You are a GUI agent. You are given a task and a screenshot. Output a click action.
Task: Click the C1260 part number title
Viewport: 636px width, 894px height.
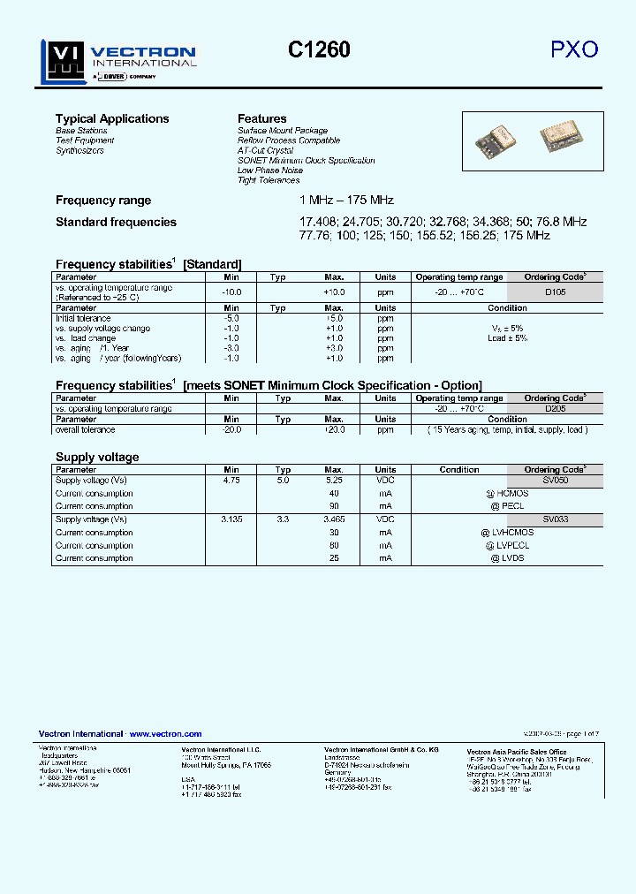point(319,50)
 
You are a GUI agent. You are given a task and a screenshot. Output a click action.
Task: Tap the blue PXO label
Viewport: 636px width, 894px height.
point(574,50)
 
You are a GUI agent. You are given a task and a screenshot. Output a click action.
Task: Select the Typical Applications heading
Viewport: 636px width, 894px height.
point(112,118)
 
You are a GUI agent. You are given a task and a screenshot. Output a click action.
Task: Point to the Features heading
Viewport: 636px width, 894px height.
point(262,118)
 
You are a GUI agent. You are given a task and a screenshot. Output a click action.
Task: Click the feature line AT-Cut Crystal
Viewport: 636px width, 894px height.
point(265,151)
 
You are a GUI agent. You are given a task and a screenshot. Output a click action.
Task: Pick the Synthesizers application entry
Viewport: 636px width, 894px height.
point(79,151)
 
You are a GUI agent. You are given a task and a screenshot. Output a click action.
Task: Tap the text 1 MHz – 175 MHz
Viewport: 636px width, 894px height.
point(346,201)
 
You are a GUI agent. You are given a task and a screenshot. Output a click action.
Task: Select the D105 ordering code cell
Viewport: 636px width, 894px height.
point(555,292)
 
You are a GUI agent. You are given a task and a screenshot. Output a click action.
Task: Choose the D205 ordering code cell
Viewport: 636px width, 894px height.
point(555,409)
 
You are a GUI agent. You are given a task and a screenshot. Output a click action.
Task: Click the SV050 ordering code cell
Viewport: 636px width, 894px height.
point(555,481)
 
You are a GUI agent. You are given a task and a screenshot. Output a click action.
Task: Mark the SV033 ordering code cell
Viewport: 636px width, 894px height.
point(555,520)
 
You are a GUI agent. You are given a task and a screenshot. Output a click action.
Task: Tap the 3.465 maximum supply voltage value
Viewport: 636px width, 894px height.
point(334,520)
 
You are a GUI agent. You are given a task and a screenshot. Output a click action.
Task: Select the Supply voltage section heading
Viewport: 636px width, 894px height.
point(97,457)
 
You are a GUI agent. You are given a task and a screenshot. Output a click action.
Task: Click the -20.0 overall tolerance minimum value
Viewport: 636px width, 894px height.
point(231,429)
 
